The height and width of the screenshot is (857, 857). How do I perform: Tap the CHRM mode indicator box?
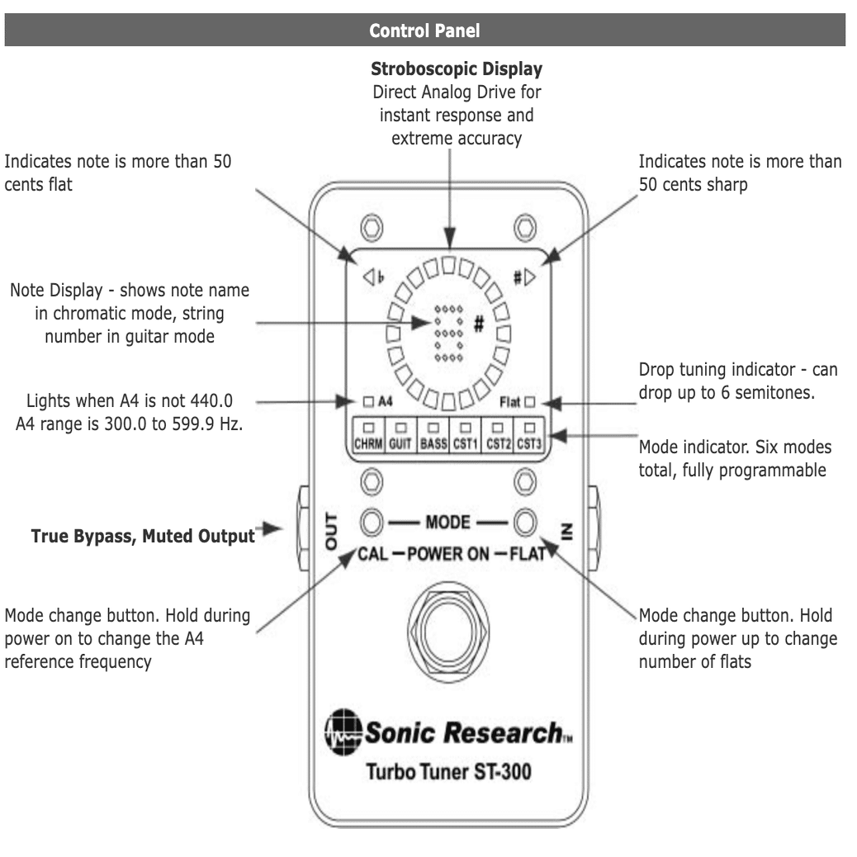tap(367, 434)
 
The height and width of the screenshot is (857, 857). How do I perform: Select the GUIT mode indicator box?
tap(400, 434)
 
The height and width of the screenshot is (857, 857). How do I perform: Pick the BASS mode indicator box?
tap(433, 434)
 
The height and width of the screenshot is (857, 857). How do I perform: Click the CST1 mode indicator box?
tap(466, 434)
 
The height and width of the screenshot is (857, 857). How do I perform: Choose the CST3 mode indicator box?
tap(528, 434)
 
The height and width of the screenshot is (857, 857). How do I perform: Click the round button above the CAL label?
tap(372, 522)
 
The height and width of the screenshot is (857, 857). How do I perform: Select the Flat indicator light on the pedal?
tap(529, 403)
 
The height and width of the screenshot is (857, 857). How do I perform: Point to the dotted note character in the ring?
tap(446, 330)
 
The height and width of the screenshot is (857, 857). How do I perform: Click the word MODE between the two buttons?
tap(448, 522)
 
